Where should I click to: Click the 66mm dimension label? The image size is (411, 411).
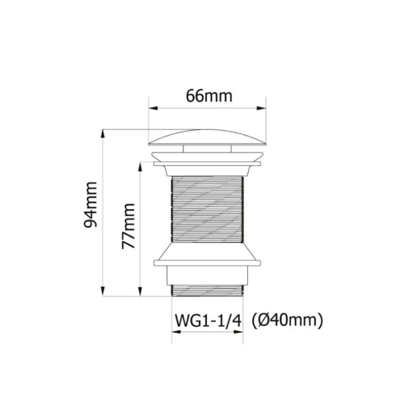tap(209, 96)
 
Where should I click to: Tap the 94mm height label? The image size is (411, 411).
tap(90, 205)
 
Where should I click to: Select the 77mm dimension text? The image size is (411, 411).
tap(128, 226)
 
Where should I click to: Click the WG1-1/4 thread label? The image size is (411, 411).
tap(208, 321)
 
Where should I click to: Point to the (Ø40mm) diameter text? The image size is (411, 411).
tap(287, 321)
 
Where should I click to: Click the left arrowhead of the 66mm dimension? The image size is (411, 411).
tap(153, 108)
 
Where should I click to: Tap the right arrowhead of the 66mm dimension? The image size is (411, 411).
tap(261, 108)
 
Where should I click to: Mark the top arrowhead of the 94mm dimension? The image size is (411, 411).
tap(103, 134)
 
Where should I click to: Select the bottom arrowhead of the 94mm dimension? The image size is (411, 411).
tap(103, 292)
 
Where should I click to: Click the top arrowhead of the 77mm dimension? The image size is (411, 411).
tap(140, 167)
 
